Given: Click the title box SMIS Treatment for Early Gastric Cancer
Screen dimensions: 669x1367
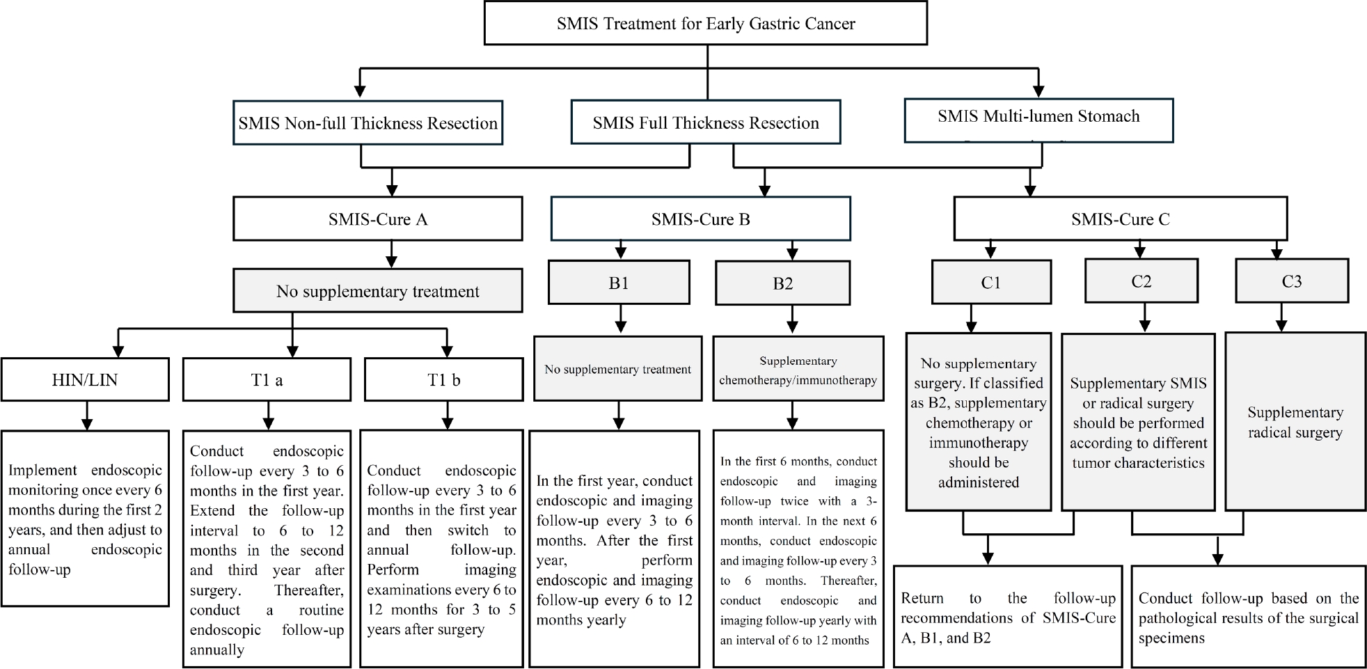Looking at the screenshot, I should pos(705,24).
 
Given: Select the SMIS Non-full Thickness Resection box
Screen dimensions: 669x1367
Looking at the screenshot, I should pos(368,123).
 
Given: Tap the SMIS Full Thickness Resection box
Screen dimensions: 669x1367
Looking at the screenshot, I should pos(705,123).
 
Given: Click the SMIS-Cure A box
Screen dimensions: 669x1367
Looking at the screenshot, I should pos(377,219).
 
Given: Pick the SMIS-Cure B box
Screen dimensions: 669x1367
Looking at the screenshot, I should pos(700,219).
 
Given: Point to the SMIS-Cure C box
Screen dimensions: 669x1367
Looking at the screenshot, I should pos(1119,219).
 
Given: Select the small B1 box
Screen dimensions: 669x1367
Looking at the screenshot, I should pos(618,283).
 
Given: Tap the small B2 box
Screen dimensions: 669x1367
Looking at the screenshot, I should pos(782,283).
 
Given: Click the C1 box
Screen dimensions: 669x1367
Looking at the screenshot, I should pos(990,282).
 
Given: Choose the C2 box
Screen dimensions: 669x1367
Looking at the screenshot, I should pos(1141,281).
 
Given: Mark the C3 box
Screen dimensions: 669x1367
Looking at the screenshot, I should pos(1291,281).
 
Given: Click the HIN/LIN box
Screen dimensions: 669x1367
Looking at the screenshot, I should pos(84,380).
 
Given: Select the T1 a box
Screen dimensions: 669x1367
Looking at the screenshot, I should pos(267,380).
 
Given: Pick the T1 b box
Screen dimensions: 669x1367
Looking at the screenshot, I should pos(443,380).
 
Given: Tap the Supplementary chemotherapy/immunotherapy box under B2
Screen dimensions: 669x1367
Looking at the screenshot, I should pos(798,370).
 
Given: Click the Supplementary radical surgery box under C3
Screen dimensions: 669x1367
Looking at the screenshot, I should pos(1295,422).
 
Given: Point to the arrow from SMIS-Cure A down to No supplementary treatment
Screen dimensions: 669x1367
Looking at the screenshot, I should pos(391,255).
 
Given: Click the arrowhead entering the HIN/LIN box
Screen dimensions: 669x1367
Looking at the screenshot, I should pos(119,351).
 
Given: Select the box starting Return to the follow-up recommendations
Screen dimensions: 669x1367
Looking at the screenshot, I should pos(1007,617).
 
